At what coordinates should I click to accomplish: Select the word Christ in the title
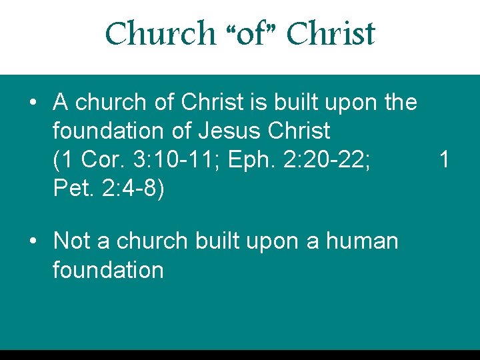pyautogui.click(x=331, y=33)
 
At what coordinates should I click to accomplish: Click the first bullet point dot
pyautogui.click(x=33, y=103)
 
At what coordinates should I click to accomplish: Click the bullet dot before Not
pyautogui.click(x=33, y=241)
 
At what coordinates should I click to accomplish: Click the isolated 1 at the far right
pyautogui.click(x=445, y=160)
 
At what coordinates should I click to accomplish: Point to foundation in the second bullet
pyautogui.click(x=108, y=270)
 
